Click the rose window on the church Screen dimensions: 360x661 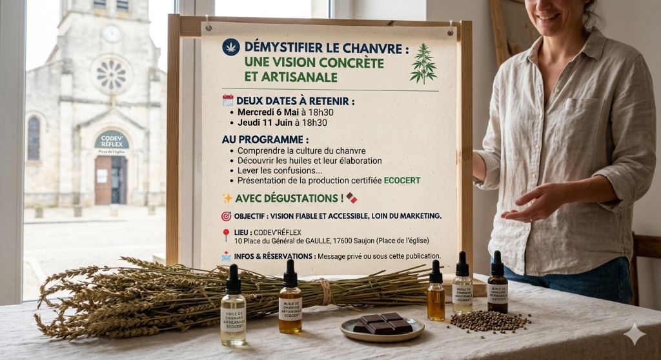click(x=110, y=74)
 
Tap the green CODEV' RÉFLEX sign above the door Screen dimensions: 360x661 click(x=112, y=139)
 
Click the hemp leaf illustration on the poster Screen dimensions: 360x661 click(x=423, y=63)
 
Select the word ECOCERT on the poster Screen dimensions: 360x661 click(x=402, y=181)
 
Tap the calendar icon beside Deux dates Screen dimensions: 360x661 click(x=228, y=100)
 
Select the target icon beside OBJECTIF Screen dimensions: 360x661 click(x=227, y=216)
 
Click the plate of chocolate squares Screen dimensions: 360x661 click(x=382, y=325)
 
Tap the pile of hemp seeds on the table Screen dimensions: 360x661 click(x=489, y=320)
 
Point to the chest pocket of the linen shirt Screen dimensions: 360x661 click(x=580, y=123)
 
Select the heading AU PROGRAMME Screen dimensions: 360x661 click(x=265, y=139)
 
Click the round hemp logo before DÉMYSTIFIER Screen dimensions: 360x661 click(x=230, y=47)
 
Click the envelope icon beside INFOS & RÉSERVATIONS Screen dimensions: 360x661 click(x=227, y=256)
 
